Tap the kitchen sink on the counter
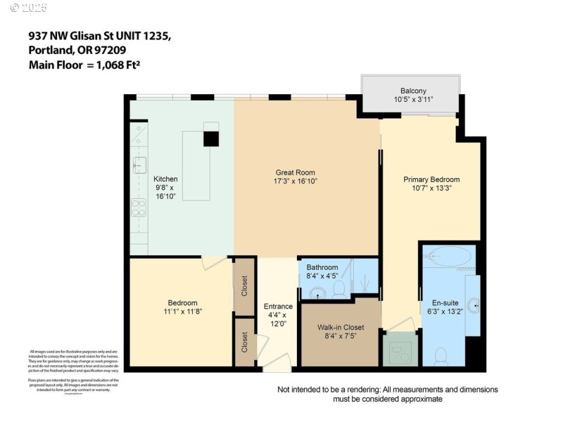pos(139,165)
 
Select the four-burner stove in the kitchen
pos(139,208)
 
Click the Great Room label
pos(295,172)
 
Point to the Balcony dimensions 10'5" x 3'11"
pos(413,100)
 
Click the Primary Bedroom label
pos(431,179)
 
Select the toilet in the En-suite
pos(441,355)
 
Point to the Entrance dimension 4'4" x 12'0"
pos(278,319)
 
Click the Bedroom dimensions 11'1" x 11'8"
pos(182,312)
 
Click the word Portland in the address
pos(51,50)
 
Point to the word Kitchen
pos(165,179)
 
